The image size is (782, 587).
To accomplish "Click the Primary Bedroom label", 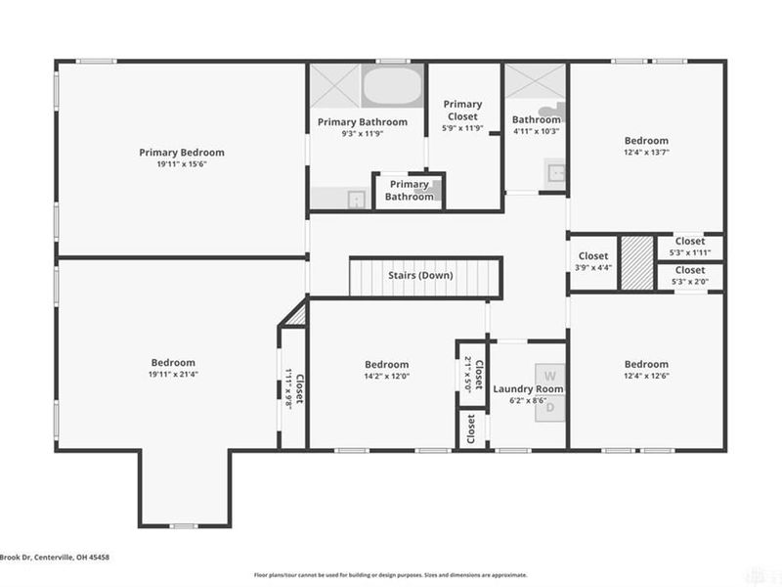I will coord(181,152).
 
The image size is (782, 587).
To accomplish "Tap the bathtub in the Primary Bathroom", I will coord(393,86).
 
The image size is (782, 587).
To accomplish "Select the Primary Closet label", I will coord(462,110).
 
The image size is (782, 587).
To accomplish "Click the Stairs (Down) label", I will coord(420,276).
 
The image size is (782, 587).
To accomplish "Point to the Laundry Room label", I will coord(528,389).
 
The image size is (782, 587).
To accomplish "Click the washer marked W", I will coord(549,376).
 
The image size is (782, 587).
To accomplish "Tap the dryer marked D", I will coord(549,406).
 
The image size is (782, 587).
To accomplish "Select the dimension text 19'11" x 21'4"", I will coord(172,375).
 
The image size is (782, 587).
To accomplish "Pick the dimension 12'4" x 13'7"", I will coord(646,153).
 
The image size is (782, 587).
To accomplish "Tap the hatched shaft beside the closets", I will coord(636,262).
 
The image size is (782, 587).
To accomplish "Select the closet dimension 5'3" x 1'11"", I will coord(689,251).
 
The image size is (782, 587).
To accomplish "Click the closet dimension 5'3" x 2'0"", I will coord(689,281).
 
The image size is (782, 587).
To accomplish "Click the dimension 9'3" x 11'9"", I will coord(362,134).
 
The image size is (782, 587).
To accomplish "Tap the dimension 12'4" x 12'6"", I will coord(646,376).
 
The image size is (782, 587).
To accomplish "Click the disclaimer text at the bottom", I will coord(391,575).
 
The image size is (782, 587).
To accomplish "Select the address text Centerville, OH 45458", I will coord(66,558).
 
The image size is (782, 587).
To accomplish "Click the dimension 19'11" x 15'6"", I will coord(181,163).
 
